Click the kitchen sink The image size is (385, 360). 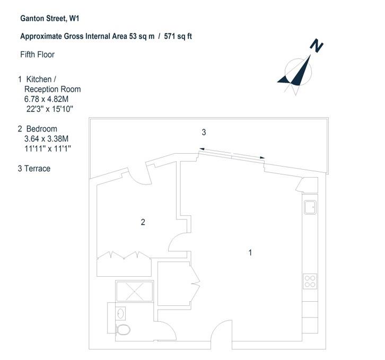click(310, 207)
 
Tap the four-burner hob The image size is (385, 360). click(310, 282)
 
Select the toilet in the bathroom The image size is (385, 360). click(123, 330)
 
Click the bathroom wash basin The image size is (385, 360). click(120, 313)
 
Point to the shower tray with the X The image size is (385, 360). click(135, 292)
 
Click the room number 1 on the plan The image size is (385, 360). click(250, 253)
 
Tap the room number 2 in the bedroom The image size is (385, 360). click(143, 222)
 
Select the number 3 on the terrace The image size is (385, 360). click(204, 133)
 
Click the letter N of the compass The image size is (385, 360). click(316, 46)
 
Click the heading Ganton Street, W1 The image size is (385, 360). click(50, 19)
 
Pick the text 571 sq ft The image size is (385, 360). click(178, 37)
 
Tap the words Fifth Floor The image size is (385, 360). click(37, 55)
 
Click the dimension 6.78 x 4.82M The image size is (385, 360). click(47, 99)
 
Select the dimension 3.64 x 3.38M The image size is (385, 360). click(47, 139)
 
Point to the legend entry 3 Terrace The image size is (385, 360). click(34, 169)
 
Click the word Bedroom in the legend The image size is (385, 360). click(42, 129)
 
